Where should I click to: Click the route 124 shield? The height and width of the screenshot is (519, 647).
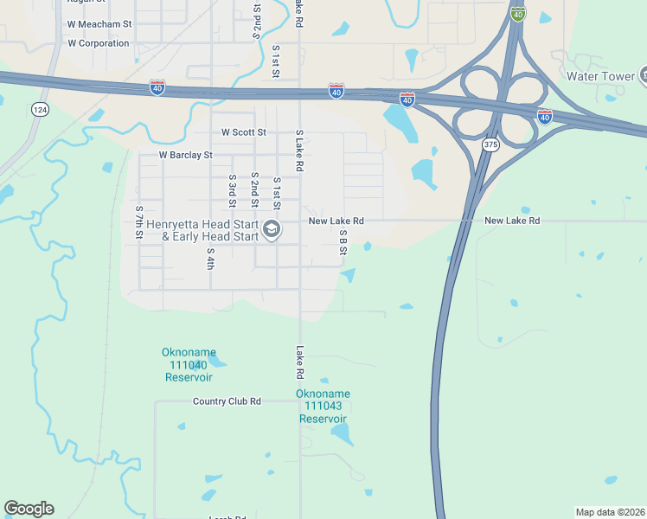pos(39,109)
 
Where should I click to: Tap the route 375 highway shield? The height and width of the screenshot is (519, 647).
pos(490,144)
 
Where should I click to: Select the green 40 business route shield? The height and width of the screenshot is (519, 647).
pos(517,14)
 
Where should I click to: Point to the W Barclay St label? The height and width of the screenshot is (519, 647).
pos(185,155)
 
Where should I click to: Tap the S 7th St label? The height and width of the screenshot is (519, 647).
pos(139,222)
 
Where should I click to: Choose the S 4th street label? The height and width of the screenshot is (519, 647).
pos(210,258)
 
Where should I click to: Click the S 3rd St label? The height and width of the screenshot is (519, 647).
pos(233,191)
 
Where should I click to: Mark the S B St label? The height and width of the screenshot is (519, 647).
pos(343,242)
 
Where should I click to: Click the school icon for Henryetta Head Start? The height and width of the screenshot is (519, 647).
pos(272,229)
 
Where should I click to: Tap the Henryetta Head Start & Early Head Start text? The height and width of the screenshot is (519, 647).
pos(202,229)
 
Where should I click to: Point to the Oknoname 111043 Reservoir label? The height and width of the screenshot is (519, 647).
pos(323,406)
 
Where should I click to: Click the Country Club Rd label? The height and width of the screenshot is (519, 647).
pos(227,401)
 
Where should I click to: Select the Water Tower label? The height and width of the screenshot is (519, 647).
pos(600,76)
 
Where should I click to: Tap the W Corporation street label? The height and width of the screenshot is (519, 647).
pos(98,43)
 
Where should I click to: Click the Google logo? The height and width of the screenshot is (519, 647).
pos(29,509)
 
